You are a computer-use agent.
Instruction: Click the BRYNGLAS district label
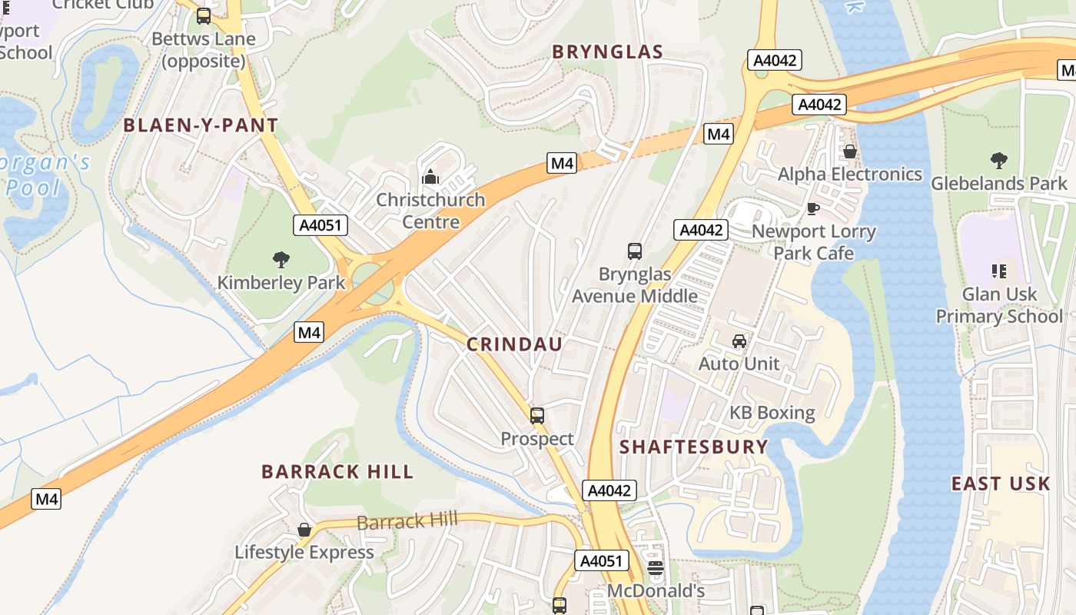click(x=607, y=52)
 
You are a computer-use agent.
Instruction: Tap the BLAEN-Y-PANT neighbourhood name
click(x=201, y=125)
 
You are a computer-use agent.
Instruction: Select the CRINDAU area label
click(x=514, y=344)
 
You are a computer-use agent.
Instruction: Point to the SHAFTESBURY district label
click(x=693, y=447)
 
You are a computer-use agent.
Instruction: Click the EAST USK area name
click(x=1000, y=484)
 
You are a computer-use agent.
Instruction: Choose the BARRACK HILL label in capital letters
click(x=337, y=471)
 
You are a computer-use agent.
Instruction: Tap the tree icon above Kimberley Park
click(x=281, y=260)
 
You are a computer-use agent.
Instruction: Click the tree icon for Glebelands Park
click(x=998, y=161)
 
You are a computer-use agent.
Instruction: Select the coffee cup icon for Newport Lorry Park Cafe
click(x=813, y=208)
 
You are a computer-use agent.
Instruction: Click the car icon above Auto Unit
click(x=739, y=341)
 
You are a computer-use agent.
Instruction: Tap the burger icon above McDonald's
click(x=655, y=569)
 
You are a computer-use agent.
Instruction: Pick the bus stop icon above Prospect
click(x=537, y=416)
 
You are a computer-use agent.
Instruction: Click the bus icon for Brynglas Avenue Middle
click(x=635, y=251)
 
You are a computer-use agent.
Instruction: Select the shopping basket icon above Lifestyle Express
click(x=304, y=530)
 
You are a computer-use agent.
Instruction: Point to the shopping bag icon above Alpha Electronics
click(x=849, y=151)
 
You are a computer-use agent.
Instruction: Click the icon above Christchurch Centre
click(x=430, y=178)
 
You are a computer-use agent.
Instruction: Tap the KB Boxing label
click(x=772, y=413)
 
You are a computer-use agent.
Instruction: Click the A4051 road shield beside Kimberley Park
click(x=320, y=225)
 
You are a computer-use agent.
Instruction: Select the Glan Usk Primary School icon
click(x=998, y=271)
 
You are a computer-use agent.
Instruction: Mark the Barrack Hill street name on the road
click(x=407, y=522)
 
